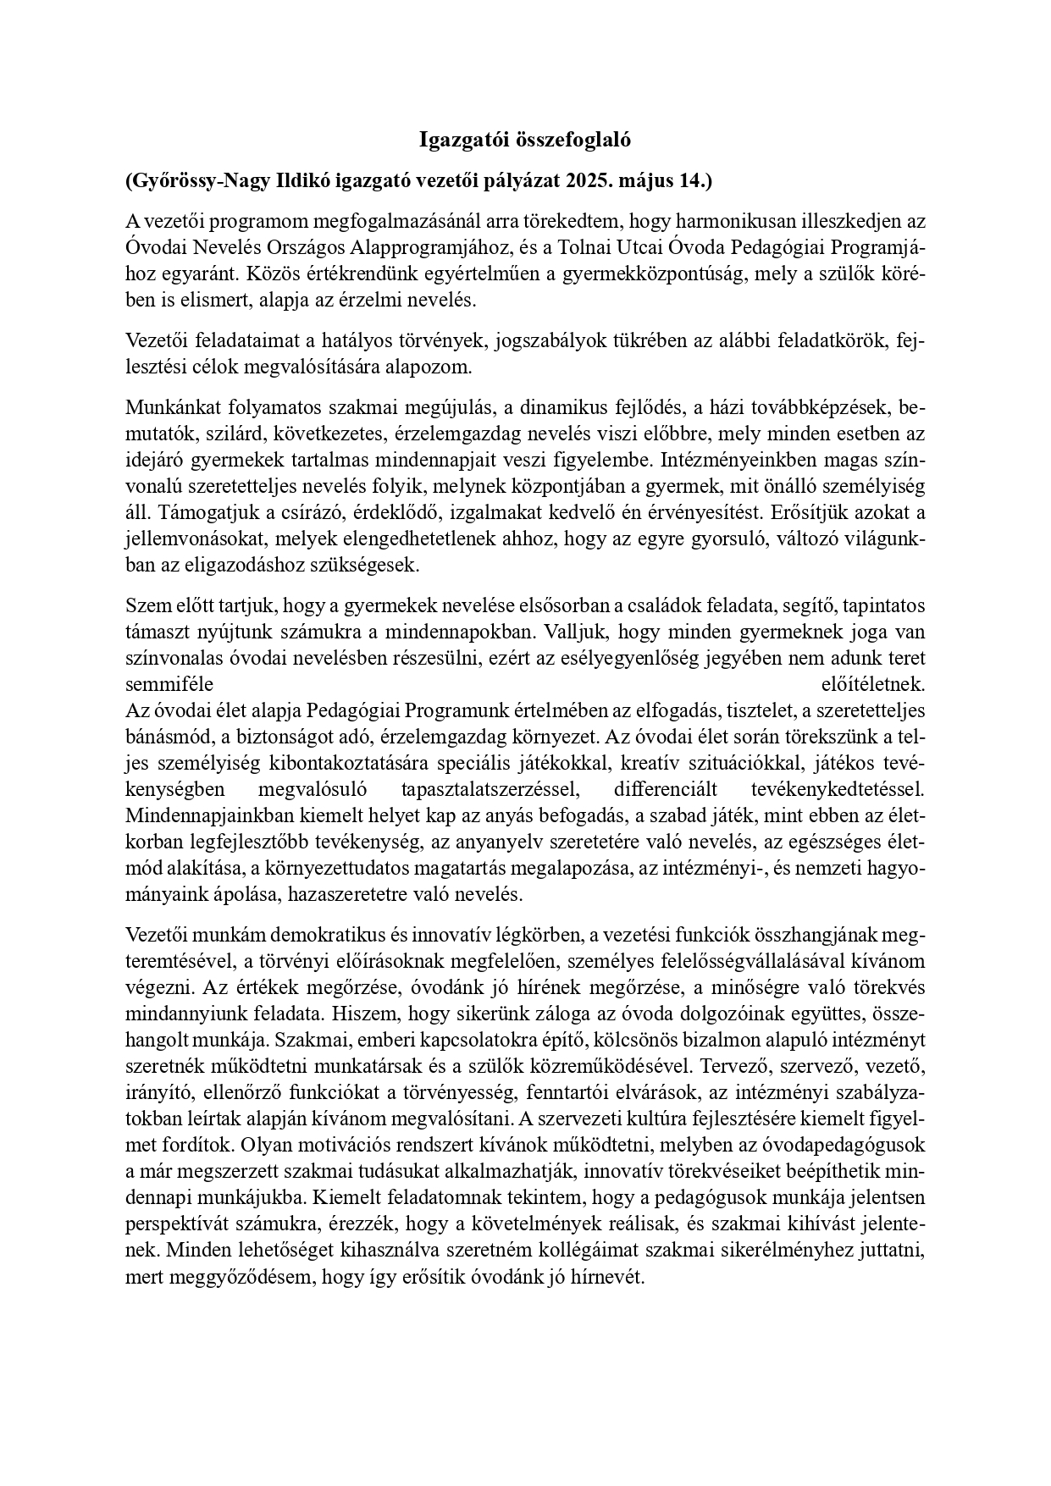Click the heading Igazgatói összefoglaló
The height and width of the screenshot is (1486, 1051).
tap(525, 141)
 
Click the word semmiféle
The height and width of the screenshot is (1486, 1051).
tap(169, 683)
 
